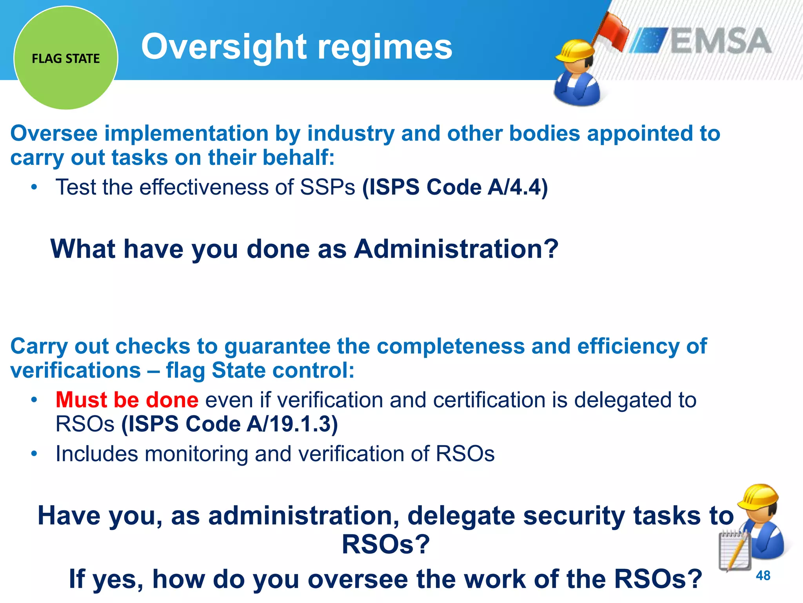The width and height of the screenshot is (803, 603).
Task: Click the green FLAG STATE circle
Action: point(66,58)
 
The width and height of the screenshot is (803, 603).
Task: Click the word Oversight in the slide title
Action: point(223,47)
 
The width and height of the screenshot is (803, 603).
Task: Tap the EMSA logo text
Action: point(721,41)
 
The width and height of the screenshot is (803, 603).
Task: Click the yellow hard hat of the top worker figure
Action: point(575,51)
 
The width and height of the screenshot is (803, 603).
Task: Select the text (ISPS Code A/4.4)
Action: point(455,187)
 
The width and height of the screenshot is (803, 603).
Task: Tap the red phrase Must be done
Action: point(127,400)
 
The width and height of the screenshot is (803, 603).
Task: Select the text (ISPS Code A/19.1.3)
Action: point(229,424)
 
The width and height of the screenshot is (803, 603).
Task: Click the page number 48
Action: point(763,576)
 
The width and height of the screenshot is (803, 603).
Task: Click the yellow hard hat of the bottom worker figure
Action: point(758,497)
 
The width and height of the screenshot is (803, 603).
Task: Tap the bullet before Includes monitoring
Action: point(35,454)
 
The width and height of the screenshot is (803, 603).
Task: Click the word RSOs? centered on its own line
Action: point(386,544)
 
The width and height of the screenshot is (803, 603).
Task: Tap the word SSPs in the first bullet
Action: point(327,187)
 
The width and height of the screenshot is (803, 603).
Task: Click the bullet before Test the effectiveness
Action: point(35,187)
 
